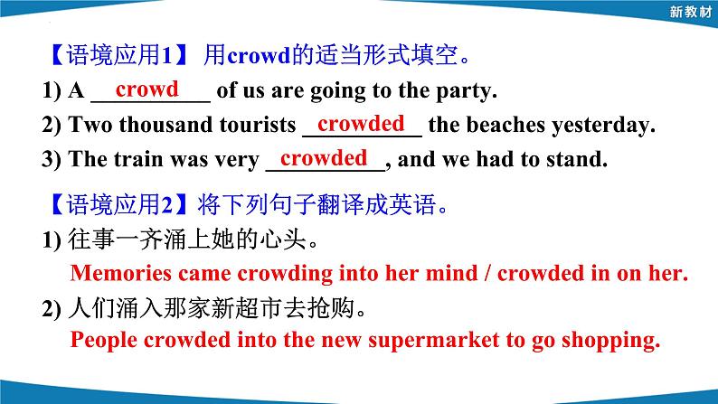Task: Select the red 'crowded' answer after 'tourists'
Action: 361,123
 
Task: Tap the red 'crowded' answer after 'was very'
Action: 324,157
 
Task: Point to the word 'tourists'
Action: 256,126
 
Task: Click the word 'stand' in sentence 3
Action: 575,161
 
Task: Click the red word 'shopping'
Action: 609,341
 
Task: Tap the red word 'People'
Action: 99,341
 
